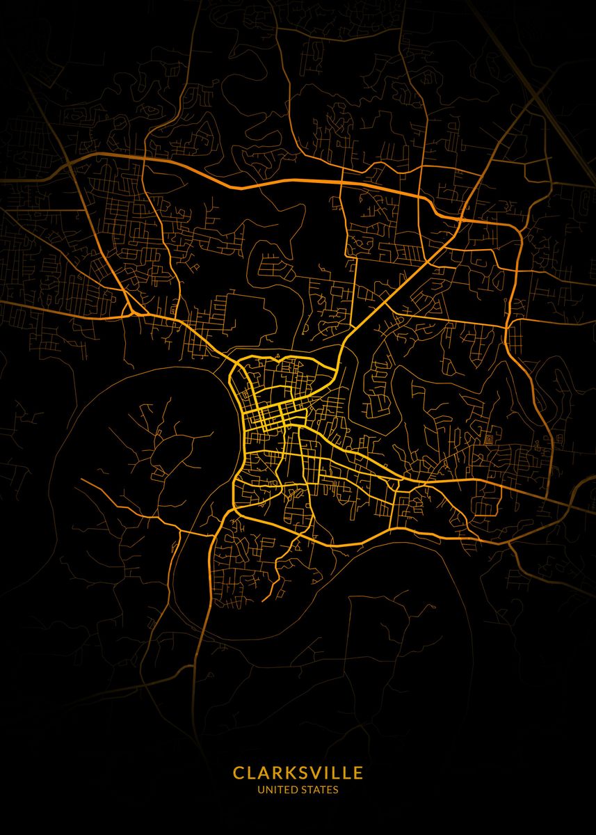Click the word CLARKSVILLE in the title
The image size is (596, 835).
click(298, 773)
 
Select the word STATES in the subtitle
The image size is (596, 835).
click(320, 790)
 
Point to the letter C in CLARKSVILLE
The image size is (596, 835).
click(239, 773)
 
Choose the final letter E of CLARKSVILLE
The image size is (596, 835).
click(357, 773)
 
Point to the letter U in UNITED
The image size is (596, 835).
click(261, 790)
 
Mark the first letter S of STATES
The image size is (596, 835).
click(304, 790)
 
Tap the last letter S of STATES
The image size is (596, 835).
click(336, 790)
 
